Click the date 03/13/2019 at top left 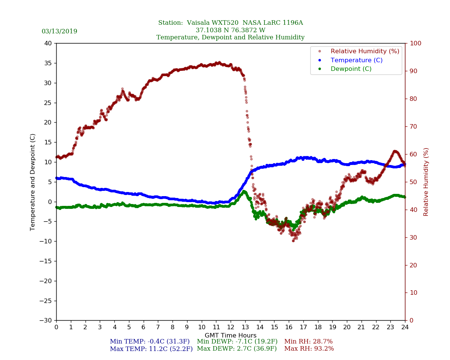coord(59,31)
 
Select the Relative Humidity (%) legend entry coord(364,51)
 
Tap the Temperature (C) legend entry coord(356,60)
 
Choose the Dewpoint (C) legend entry coord(351,69)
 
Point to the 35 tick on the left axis coord(48,63)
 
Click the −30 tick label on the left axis coord(46,321)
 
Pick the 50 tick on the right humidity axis coord(413,182)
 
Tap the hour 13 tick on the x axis coord(245,327)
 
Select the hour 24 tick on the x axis coord(405,327)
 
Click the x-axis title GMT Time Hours coord(231,335)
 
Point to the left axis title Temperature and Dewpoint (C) coord(33,182)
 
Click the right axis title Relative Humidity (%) coord(426,182)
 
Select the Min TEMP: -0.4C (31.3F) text coord(151,342)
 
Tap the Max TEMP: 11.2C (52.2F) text coord(151,349)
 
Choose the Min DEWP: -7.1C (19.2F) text coord(237,342)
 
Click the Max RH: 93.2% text coord(309,349)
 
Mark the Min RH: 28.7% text coord(308,342)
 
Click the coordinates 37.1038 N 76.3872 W coord(230,30)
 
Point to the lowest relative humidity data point coord(293,241)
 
